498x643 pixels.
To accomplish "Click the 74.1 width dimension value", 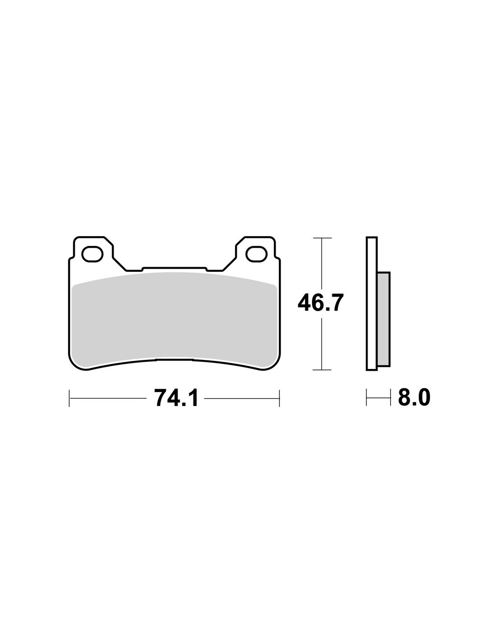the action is pos(176,398).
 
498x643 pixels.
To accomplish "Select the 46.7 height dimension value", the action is pos(321,303).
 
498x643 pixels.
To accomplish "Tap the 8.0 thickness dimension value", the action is pos(414,398).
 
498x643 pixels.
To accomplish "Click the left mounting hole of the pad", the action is pos(92,254).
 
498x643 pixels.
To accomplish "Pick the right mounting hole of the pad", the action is pos(257,254).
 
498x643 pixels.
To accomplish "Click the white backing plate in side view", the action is pos(372,303).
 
